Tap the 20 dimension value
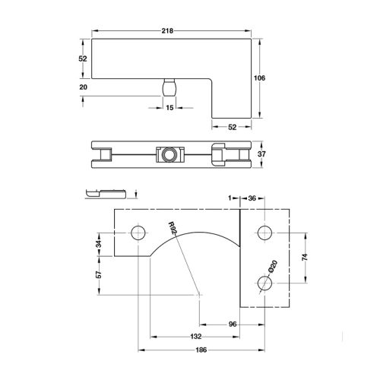[x=83, y=87]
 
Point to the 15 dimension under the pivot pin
[x=170, y=109]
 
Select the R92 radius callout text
[x=173, y=230]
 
